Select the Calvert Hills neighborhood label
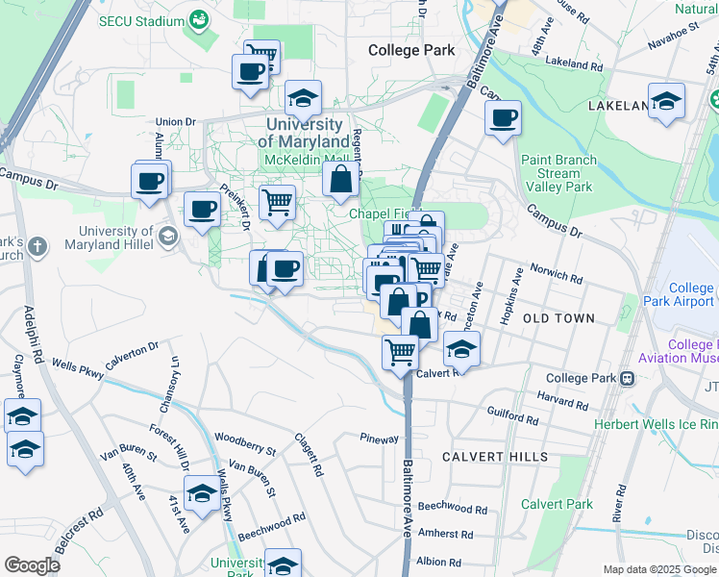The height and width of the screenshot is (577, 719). [495, 457]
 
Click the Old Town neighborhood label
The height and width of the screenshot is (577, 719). [560, 317]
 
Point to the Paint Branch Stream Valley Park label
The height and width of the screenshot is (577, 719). [558, 174]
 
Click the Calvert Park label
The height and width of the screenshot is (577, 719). [557, 504]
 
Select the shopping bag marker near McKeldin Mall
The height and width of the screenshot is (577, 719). [341, 179]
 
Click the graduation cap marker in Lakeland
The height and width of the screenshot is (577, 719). [666, 101]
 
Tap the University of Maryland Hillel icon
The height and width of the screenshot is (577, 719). [168, 236]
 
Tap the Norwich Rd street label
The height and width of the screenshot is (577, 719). [558, 276]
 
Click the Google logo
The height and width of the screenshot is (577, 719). [32, 565]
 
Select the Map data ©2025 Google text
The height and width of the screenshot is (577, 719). [659, 569]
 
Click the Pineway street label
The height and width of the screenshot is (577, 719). [379, 439]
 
